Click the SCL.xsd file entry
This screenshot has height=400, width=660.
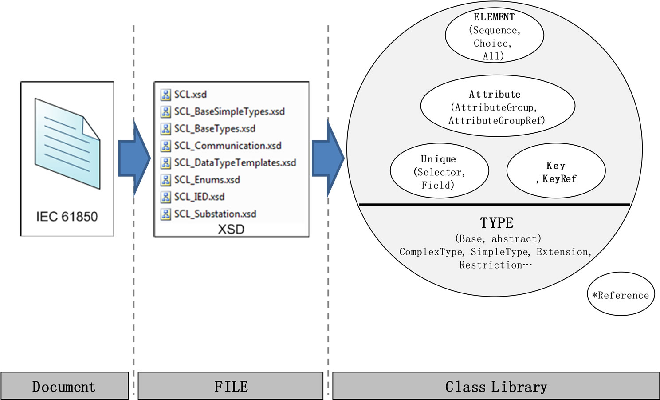coord(190,95)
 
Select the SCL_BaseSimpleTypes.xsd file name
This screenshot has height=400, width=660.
coord(229,111)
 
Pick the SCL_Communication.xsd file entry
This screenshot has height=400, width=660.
coord(227,146)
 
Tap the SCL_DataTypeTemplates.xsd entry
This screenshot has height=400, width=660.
coord(235,163)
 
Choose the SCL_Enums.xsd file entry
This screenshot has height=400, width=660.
coord(207,180)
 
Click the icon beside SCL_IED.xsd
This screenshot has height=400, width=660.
coord(166,197)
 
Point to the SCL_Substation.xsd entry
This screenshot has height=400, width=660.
coord(215,214)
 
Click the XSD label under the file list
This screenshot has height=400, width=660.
coord(231,229)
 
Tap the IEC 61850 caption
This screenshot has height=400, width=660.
coord(67,217)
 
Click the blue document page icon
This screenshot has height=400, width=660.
coord(67,143)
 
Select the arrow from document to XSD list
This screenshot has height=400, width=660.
coord(134,158)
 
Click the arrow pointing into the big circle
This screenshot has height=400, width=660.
coord(328,158)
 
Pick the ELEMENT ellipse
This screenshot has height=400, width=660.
coord(494,36)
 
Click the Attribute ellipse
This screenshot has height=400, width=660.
coord(497,107)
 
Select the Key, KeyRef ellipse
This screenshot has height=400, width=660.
coord(556,171)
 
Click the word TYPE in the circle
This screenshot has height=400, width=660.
coord(496,223)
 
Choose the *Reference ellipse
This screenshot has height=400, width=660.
coord(621,295)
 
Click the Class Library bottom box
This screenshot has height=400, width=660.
coord(496,386)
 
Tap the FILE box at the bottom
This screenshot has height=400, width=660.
coord(231,386)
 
